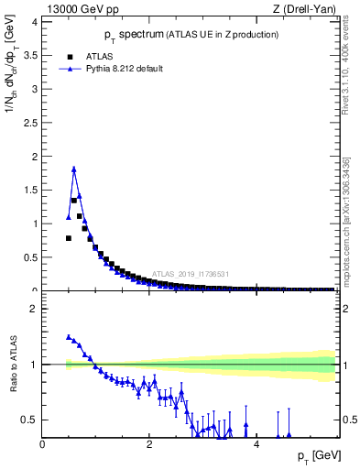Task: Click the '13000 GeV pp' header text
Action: [83, 10]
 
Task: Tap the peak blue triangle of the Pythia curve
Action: [74, 169]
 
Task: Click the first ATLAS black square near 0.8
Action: [69, 238]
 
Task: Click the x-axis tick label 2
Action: [149, 444]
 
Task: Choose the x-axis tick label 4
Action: [256, 444]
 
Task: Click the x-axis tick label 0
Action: [43, 444]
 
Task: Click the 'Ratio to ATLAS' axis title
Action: [12, 365]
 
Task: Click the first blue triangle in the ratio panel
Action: [69, 337]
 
